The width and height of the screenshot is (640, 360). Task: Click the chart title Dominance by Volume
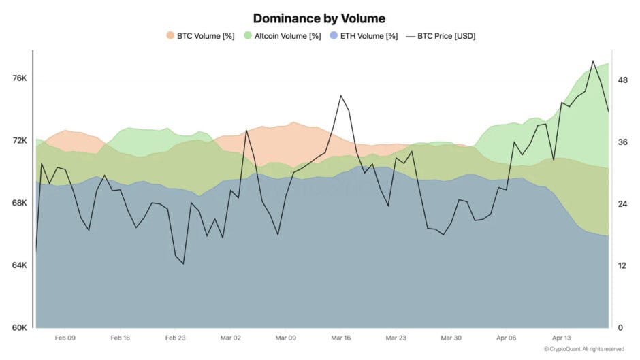click(319, 18)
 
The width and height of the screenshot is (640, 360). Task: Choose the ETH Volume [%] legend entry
click(367, 35)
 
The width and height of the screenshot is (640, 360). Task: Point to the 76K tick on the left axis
click(18, 79)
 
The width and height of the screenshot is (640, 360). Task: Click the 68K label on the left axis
click(18, 203)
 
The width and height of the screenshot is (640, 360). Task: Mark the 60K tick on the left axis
click(18, 328)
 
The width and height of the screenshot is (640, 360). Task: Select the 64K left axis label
click(18, 265)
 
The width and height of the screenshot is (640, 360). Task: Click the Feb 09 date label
click(65, 338)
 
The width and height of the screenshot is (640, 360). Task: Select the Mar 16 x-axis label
click(340, 338)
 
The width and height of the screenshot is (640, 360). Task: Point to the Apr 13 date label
click(562, 338)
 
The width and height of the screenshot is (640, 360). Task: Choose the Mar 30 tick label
click(451, 338)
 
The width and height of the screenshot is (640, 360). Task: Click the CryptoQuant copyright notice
click(583, 349)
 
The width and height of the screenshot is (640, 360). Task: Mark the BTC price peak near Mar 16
click(340, 95)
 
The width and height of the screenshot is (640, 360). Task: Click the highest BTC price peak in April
click(593, 61)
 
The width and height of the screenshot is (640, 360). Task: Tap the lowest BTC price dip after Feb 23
click(183, 263)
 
